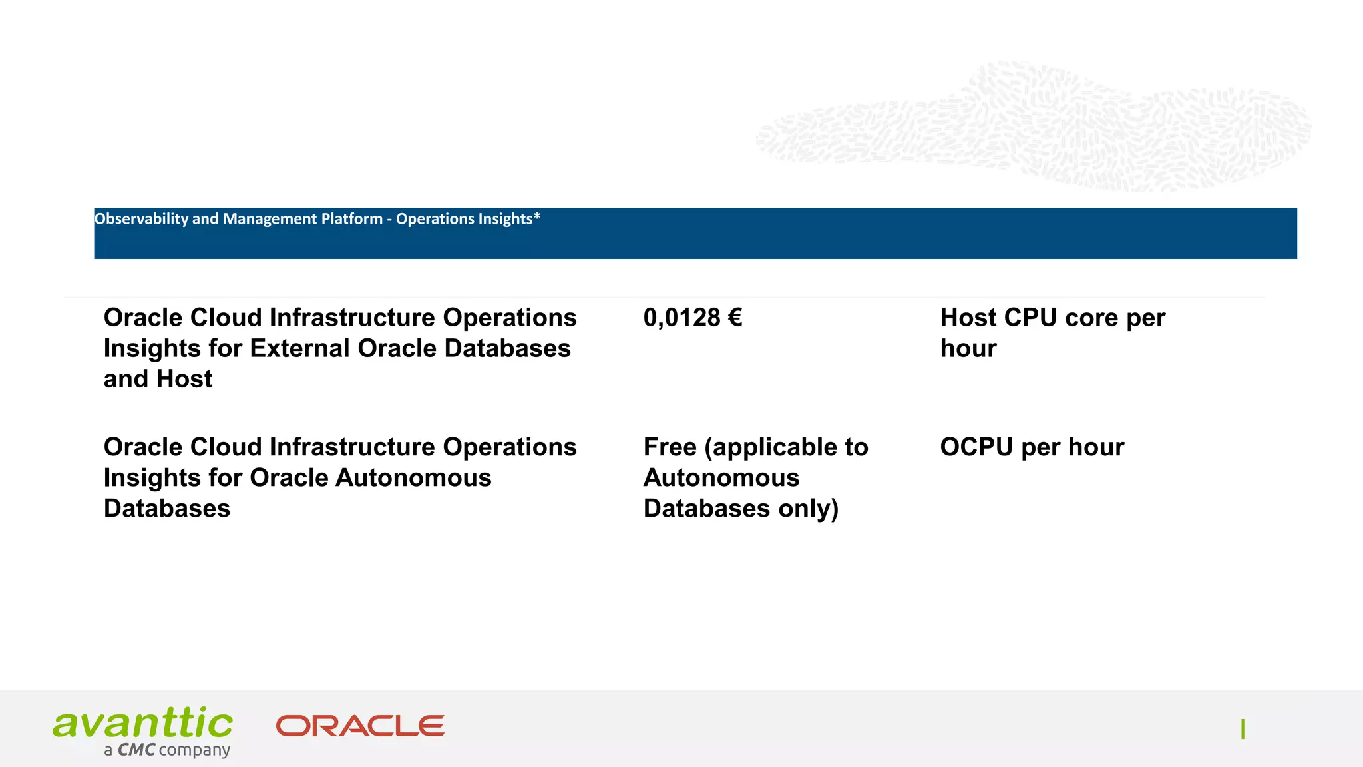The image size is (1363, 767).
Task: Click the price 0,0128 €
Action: (692, 318)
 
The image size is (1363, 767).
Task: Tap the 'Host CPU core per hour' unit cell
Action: (1052, 333)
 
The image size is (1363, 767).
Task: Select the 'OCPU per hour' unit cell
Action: (1032, 447)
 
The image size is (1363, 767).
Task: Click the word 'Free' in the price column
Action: (670, 447)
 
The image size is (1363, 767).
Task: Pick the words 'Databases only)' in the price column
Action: (740, 509)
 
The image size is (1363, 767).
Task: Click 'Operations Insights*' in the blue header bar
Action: (468, 218)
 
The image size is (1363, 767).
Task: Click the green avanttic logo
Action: (143, 723)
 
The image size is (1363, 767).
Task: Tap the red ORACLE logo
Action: (360, 726)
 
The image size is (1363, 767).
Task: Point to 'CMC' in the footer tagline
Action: (136, 750)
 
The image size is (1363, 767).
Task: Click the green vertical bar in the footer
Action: (1243, 730)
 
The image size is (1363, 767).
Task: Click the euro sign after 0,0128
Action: (735, 318)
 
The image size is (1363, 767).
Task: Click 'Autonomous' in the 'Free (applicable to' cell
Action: (721, 478)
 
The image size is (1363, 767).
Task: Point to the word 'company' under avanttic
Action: (194, 751)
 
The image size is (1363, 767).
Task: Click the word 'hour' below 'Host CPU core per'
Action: (968, 348)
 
